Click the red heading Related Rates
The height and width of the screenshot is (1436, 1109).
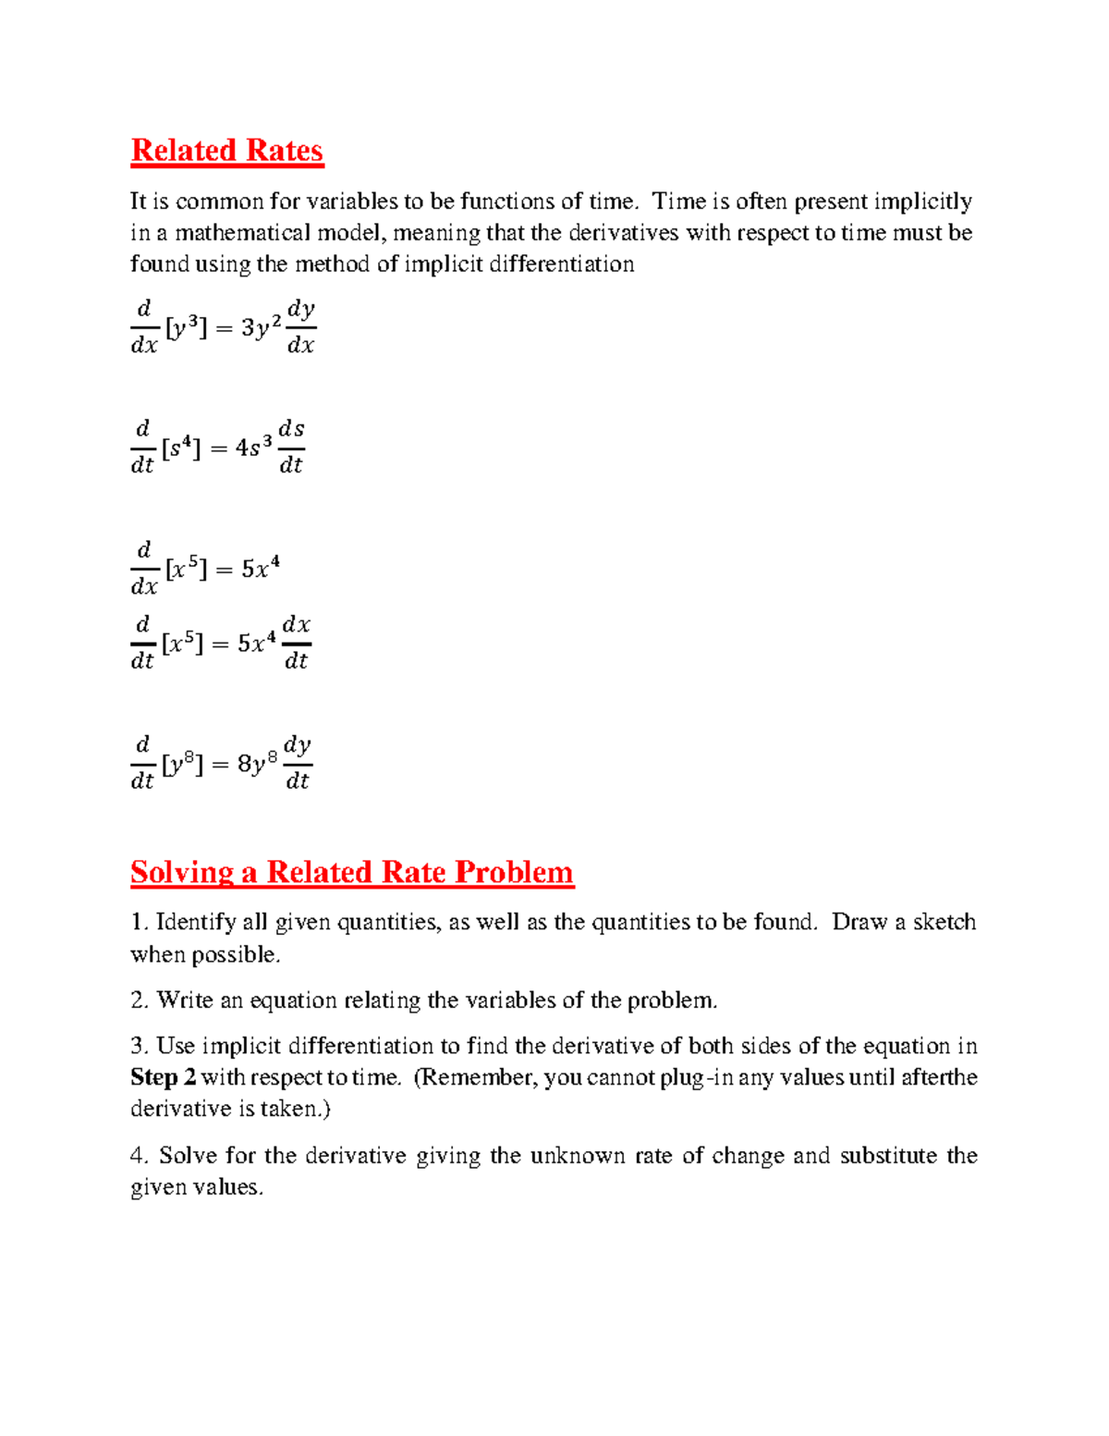coord(226,150)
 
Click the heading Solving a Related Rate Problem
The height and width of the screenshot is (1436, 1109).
coord(352,872)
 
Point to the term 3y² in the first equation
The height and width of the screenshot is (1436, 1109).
coord(261,327)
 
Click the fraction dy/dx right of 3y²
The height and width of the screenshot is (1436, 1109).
coord(301,326)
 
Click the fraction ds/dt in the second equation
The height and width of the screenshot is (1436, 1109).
coord(291,447)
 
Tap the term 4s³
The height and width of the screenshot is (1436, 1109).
coord(253,448)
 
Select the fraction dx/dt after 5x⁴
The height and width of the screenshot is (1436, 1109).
coord(296,643)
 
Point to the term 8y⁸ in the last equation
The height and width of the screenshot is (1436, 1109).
coord(256,764)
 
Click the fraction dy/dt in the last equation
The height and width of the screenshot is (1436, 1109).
coord(297,763)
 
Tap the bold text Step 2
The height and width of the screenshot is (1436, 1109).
coord(163,1077)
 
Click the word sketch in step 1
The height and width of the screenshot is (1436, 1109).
coord(944,922)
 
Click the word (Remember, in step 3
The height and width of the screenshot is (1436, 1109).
coord(475,1077)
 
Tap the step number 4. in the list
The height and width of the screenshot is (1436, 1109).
coord(140,1156)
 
